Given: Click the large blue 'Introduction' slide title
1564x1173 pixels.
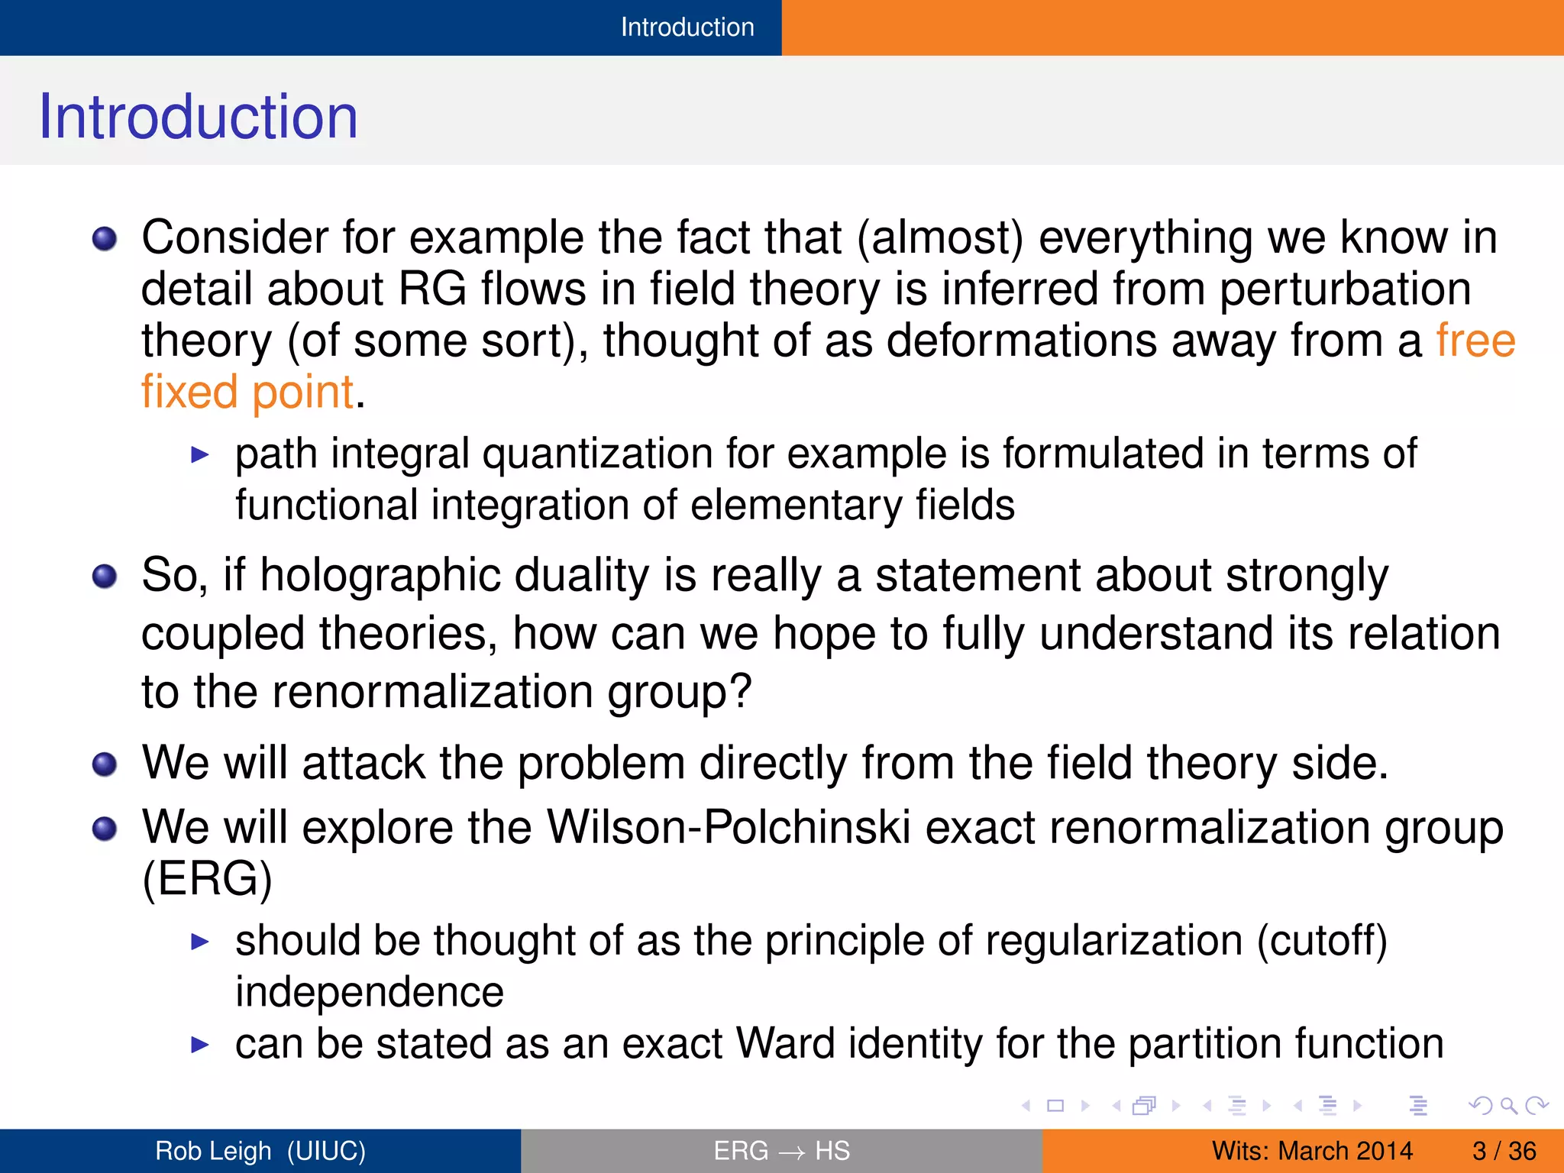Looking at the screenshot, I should point(198,116).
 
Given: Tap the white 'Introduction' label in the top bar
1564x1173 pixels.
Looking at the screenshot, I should point(687,27).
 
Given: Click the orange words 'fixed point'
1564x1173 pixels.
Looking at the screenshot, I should point(247,392).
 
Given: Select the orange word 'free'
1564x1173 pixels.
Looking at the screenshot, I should point(1475,341).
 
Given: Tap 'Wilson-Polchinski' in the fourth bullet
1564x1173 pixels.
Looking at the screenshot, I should point(729,827).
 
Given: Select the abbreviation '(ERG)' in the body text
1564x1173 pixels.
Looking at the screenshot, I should point(207,878).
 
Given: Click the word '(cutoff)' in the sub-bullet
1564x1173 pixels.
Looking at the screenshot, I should point(1322,940).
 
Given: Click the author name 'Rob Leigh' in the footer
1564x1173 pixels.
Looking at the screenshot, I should point(213,1151).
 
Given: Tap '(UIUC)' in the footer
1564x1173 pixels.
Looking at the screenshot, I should point(326,1151).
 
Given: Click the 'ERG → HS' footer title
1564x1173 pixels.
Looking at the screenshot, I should point(781,1151).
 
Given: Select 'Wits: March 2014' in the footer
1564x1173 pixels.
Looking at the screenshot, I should point(1312,1151).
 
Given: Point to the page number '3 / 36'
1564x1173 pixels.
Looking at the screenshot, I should point(1504,1151).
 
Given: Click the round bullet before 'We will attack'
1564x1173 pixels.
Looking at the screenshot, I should point(105,764).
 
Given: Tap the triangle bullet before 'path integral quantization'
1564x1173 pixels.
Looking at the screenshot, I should point(199,456).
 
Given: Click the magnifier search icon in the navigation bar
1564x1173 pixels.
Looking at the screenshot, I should point(1508,1105).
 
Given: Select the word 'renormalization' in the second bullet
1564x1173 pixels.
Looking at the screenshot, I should point(432,692).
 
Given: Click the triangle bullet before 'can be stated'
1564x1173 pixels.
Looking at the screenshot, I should point(199,1045).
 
